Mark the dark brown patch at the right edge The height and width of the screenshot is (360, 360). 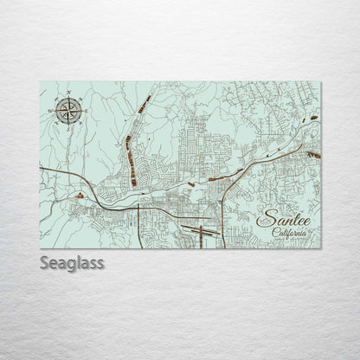[x=314, y=154]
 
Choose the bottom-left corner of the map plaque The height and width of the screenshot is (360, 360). [x=40, y=244]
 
